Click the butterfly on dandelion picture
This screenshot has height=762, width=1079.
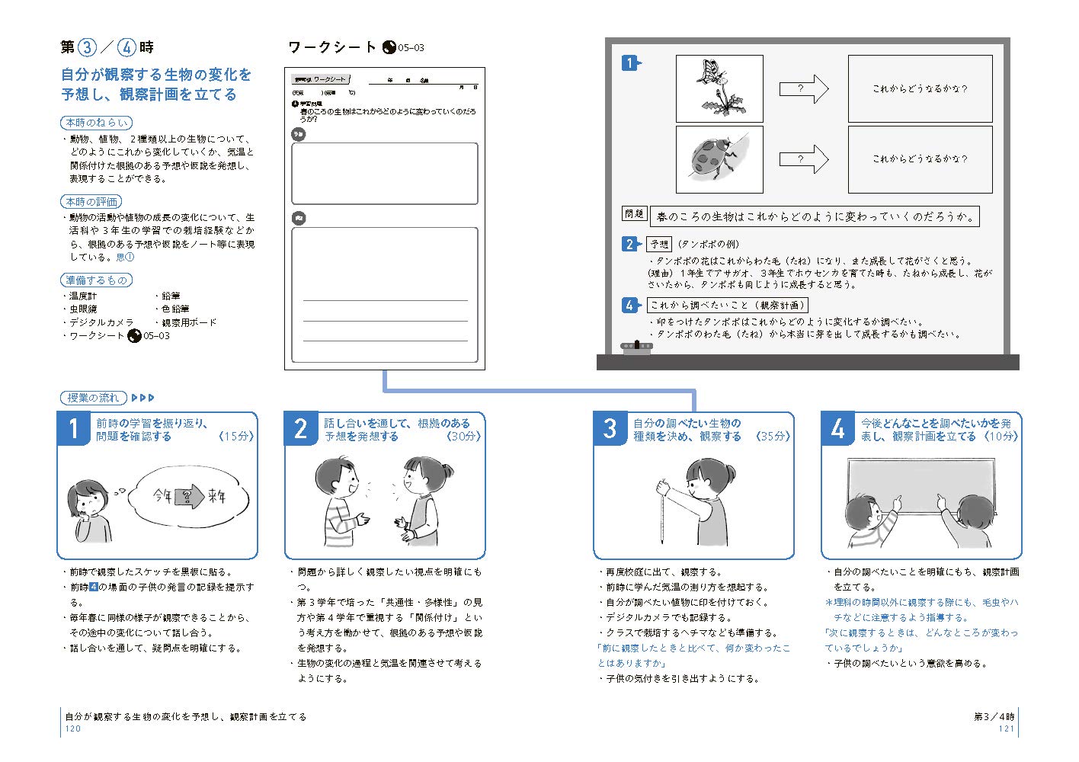click(719, 88)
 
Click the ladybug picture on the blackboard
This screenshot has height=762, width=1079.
click(719, 159)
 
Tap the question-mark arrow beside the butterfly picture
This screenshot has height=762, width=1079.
click(803, 88)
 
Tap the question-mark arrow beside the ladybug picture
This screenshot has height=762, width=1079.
click(803, 159)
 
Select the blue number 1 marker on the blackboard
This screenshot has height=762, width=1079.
click(629, 63)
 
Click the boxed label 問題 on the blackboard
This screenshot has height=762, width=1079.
click(634, 214)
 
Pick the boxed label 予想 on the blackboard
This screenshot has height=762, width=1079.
click(659, 244)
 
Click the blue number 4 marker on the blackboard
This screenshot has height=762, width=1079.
click(629, 305)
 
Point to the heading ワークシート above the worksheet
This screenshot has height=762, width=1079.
click(332, 47)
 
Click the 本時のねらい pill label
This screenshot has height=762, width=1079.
click(96, 123)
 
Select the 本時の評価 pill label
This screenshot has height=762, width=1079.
click(91, 202)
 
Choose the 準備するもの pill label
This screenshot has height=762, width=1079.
click(96, 280)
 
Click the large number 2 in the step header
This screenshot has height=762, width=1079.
click(301, 429)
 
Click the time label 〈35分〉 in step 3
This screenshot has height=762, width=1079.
click(773, 437)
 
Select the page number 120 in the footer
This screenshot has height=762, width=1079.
click(73, 728)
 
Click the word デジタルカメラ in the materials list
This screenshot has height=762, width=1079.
click(101, 322)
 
